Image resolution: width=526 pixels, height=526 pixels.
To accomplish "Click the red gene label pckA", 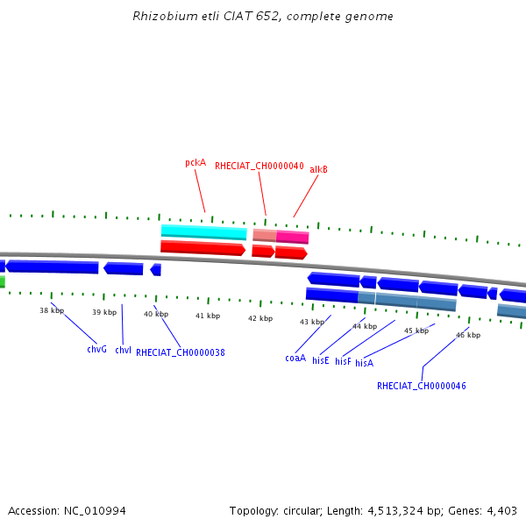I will coord(195,163).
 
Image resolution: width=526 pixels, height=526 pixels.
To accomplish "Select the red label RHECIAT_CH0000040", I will coord(259,166).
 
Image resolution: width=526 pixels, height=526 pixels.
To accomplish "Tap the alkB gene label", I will coord(318,170).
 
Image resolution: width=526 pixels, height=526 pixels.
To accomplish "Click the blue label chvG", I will coord(96,349).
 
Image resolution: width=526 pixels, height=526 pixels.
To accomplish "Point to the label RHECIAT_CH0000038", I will coord(181,352).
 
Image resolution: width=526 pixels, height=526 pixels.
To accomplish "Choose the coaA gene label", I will coord(295,358).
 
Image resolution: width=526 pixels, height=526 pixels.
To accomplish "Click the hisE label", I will coord(320,360).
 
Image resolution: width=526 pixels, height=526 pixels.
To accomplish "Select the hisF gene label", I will coord(343,361).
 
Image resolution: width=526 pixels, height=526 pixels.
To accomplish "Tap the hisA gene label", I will coord(364,363).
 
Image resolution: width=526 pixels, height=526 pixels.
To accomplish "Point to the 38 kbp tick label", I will coord(52,310).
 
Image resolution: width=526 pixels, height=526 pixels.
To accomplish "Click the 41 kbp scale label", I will coord(208,316).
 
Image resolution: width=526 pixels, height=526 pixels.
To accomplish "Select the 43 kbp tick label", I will coord(312,322).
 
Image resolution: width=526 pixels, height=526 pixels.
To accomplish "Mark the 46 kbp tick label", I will coord(468,335).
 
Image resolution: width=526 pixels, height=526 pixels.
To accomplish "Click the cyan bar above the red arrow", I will coord(203,232).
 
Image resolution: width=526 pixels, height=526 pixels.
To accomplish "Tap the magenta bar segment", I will coord(293,237).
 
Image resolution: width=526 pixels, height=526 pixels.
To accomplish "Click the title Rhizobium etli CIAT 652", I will coord(263,17).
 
